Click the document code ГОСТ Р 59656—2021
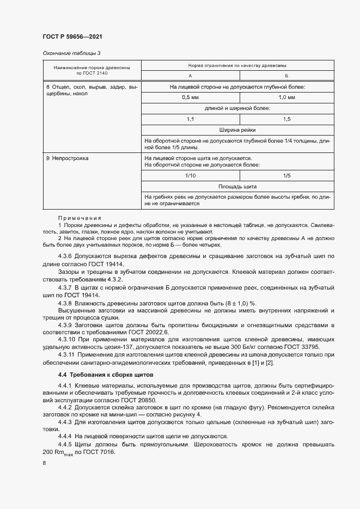[72, 36]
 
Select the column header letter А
[190, 75]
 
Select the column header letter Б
[286, 75]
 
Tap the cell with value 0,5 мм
[190, 97]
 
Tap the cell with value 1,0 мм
[286, 97]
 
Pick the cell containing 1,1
[190, 119]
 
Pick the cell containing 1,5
[286, 119]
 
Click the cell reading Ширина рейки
[237, 130]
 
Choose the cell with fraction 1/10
[190, 175]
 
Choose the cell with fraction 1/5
[286, 175]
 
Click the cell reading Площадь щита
[237, 186]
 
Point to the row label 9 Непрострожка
[67, 158]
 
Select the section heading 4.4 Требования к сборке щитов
[106, 375]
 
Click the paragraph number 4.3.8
[66, 303]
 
